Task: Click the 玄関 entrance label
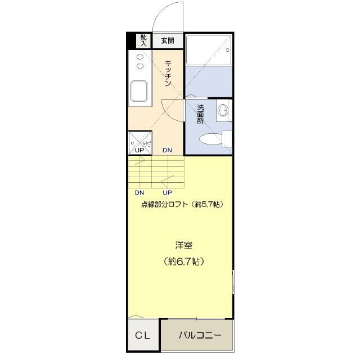coord(168,41)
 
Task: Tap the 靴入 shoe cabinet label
coord(143,40)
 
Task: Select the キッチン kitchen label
coord(168,73)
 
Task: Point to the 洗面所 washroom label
coord(201,114)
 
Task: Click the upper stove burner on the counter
coord(140,57)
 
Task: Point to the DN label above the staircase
coord(168,150)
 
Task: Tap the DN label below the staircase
coord(139,192)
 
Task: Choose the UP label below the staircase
coord(167,192)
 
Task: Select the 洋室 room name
coord(183,245)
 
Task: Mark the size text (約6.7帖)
coord(183,261)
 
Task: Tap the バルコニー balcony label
coord(200,336)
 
